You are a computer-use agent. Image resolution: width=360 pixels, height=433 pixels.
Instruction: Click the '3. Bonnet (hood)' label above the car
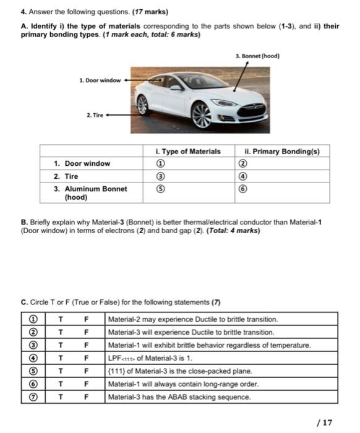258,56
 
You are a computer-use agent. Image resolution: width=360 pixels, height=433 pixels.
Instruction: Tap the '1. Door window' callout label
100,80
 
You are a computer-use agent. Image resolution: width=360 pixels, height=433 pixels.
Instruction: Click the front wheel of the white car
202,115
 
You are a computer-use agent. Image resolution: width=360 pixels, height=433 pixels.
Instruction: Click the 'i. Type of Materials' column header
188,151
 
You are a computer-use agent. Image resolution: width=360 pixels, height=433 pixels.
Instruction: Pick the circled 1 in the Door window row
161,164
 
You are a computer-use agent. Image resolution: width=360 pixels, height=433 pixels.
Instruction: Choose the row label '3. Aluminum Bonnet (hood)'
90,194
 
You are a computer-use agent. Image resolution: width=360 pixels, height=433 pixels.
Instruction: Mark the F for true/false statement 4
87,358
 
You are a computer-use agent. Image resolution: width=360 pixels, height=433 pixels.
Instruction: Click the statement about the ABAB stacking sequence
179,397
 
